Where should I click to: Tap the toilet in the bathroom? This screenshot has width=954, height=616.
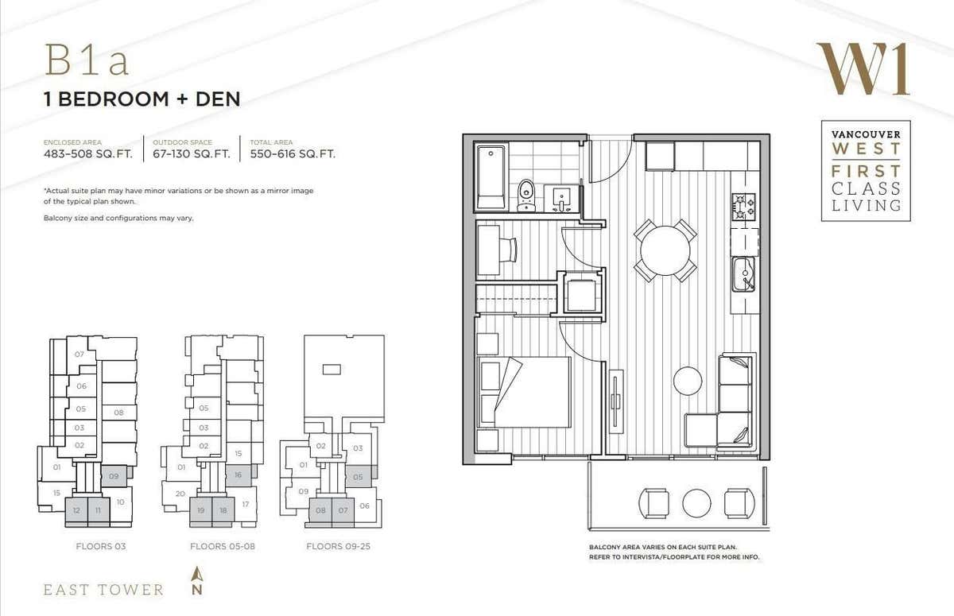coord(526,194)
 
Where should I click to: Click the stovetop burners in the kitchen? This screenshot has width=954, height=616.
coord(743,207)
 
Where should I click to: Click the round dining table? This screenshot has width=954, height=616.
coord(665,250)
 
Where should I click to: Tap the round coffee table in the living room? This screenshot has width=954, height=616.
coord(688,381)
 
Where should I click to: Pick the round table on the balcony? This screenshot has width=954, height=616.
coord(696,502)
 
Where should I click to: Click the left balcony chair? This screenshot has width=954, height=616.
coord(655,502)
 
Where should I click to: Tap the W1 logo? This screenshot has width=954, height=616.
coord(863,69)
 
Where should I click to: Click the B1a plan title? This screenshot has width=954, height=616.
coord(87,62)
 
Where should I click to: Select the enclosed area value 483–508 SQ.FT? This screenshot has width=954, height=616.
coord(87,154)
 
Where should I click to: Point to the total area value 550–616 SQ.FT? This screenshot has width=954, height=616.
coord(293,154)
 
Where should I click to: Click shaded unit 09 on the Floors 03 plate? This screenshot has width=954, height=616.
coord(114,475)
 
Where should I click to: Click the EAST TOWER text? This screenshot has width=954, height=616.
coord(103,590)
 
